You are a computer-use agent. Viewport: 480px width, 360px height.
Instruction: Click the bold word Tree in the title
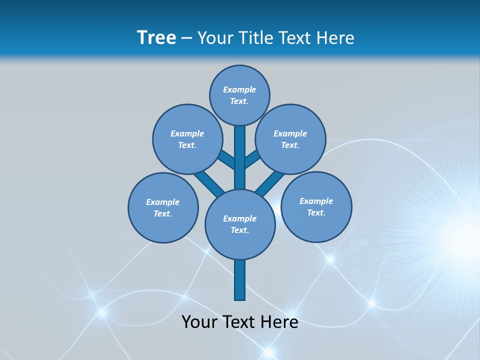(x=156, y=37)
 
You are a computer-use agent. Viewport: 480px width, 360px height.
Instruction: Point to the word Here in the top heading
(x=336, y=38)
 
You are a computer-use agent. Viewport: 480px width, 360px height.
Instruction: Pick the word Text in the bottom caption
(x=240, y=321)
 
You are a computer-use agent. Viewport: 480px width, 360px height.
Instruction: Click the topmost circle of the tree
(x=239, y=95)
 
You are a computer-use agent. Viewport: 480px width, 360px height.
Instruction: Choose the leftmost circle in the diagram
(x=163, y=207)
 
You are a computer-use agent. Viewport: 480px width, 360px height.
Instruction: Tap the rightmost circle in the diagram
(x=316, y=206)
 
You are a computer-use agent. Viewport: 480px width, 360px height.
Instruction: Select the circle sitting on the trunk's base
(x=240, y=224)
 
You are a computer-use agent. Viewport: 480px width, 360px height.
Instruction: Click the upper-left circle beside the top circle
(x=187, y=139)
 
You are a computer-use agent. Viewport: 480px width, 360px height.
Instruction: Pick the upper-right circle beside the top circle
(x=290, y=139)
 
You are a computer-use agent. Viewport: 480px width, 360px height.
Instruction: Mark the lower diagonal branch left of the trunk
(x=209, y=183)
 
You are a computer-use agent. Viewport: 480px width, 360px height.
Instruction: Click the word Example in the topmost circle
(x=239, y=89)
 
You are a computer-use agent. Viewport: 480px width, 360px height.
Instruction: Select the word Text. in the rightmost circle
(x=316, y=212)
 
